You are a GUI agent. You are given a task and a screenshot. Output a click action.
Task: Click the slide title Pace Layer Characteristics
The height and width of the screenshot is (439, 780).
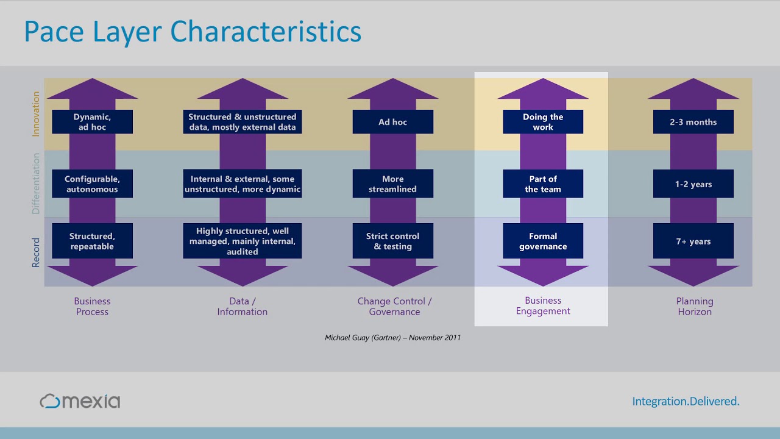[193, 32]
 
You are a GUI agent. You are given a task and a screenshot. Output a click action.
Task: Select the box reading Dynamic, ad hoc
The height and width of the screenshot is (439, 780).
[92, 122]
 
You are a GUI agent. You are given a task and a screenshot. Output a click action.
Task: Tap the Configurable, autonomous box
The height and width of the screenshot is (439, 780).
[92, 184]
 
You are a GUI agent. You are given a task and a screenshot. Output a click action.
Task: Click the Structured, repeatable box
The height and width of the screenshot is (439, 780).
[92, 241]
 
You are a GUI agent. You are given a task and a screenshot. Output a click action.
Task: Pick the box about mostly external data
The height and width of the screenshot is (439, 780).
[242, 122]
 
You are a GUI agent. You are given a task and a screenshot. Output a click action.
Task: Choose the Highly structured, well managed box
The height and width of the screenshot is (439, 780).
[242, 241]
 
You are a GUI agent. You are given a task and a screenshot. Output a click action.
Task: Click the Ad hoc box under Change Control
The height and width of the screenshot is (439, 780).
[392, 122]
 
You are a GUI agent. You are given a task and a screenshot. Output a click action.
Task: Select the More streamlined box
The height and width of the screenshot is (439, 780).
[392, 184]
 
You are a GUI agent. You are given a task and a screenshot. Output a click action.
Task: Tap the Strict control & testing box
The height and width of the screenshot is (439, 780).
[392, 241]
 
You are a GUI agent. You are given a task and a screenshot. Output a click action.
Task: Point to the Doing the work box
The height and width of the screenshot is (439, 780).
[542, 122]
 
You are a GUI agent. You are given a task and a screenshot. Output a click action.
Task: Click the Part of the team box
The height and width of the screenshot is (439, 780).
[542, 184]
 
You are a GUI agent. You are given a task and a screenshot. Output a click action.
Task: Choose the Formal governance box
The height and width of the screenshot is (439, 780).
[542, 241]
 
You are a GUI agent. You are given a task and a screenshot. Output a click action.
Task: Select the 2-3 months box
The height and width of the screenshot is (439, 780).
[693, 122]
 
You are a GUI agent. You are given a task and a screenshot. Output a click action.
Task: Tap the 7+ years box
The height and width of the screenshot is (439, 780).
[693, 241]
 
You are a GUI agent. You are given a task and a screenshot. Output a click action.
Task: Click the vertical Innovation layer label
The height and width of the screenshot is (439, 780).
[36, 114]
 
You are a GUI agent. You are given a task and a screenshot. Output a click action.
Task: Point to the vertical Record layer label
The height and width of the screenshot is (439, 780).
[36, 252]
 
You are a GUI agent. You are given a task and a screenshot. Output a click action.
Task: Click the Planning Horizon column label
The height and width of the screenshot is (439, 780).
[694, 306]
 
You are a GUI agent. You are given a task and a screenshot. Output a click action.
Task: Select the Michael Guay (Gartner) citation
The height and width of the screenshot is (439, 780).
[392, 338]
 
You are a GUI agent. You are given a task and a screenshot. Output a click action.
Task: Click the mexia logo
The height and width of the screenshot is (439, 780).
[80, 401]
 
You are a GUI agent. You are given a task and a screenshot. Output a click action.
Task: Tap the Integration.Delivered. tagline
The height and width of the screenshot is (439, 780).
[686, 401]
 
